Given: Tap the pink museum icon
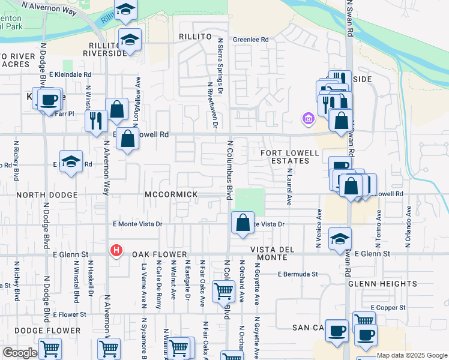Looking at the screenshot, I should [309, 118].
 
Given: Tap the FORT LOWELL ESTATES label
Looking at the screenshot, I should [290, 157].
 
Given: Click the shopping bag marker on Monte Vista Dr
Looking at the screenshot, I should [242, 223].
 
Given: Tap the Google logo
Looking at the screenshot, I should [20, 353].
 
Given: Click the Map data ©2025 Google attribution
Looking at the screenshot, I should [412, 355].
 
